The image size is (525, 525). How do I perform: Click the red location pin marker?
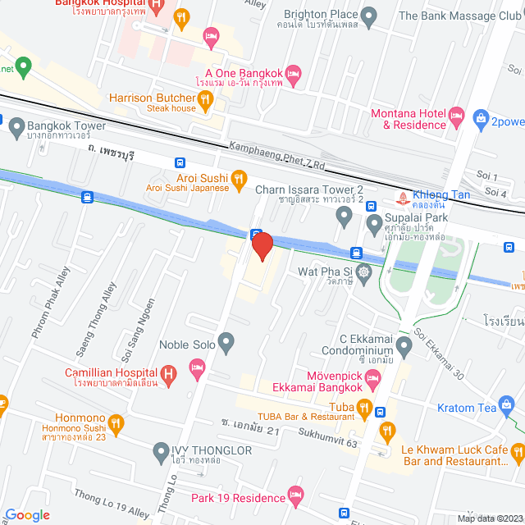point(261,246)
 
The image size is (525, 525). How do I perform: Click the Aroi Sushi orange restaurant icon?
point(239,178)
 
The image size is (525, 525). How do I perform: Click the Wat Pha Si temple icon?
point(364,271)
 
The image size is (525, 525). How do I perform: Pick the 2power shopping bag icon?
point(481,119)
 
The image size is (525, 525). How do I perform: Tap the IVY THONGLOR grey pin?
point(161,451)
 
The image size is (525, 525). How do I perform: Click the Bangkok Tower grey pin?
point(16,127)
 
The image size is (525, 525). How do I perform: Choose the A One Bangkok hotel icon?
point(293,76)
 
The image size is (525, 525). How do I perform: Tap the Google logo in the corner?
point(27,514)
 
